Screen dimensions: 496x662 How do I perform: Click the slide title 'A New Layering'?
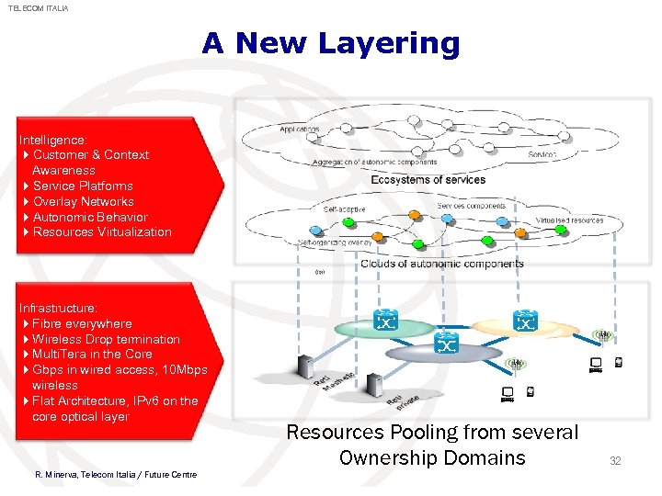(331, 43)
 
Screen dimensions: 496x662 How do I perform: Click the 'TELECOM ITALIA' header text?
(39, 8)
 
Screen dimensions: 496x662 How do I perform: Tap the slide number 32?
(615, 460)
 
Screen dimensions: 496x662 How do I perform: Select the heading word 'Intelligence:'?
(53, 140)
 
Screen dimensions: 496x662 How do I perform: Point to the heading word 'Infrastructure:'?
(58, 309)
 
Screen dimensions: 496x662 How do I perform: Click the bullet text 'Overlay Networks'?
(83, 201)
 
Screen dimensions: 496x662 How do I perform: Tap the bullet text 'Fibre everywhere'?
(82, 324)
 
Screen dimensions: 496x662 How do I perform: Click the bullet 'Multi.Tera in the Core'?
(92, 355)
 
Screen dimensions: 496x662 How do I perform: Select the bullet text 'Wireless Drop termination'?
(106, 340)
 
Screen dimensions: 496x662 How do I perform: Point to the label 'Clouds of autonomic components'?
(441, 264)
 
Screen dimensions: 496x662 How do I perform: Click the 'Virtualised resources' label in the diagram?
(569, 220)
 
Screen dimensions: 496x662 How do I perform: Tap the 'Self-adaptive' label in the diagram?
(344, 209)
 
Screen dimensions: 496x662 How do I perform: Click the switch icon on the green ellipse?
(386, 321)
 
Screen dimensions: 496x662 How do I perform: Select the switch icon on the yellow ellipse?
(525, 321)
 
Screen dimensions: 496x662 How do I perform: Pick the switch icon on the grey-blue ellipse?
(447, 344)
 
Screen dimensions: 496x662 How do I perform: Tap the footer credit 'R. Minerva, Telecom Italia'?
(115, 474)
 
